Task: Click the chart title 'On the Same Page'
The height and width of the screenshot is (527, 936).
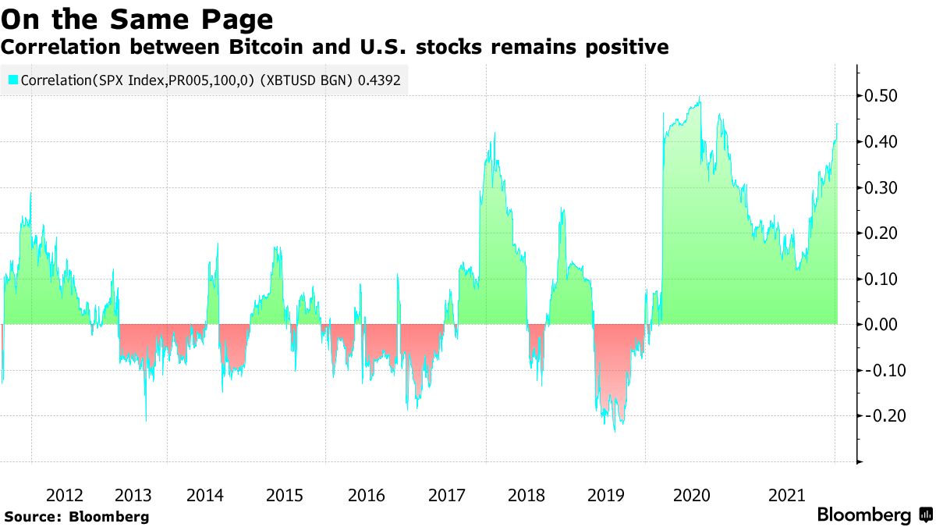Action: (138, 18)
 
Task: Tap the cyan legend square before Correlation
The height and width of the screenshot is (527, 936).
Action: (12, 80)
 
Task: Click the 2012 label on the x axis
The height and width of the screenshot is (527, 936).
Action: (64, 495)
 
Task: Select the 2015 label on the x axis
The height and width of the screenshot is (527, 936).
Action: (284, 495)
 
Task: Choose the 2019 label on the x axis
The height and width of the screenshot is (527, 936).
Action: (605, 495)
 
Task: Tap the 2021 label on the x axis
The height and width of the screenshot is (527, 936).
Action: (786, 495)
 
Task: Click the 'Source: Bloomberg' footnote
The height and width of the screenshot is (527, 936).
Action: (76, 517)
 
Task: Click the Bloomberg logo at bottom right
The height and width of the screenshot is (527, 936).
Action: (874, 515)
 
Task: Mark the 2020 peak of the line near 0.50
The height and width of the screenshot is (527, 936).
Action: (700, 98)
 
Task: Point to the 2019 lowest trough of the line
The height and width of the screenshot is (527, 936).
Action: (615, 430)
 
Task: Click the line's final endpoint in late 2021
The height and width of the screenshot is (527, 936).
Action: (837, 123)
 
